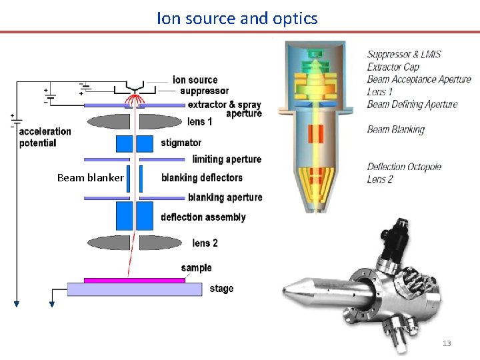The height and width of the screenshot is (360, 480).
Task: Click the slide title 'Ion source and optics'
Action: pyautogui.click(x=237, y=18)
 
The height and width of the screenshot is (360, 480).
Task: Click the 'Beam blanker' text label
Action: pyautogui.click(x=90, y=178)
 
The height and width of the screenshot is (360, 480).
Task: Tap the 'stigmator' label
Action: pyautogui.click(x=181, y=143)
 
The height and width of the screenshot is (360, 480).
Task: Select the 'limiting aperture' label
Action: pyautogui.click(x=227, y=159)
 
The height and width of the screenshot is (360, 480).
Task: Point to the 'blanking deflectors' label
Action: pyautogui.click(x=201, y=178)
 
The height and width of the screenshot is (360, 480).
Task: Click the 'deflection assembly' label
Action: pyautogui.click(x=203, y=217)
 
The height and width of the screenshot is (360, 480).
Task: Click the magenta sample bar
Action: pyautogui.click(x=134, y=280)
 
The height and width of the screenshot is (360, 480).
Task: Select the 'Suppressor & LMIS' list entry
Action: pyautogui.click(x=404, y=55)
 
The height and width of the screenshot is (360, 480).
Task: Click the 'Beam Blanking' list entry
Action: pyautogui.click(x=395, y=129)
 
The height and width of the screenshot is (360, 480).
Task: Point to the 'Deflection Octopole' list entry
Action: pyautogui.click(x=404, y=167)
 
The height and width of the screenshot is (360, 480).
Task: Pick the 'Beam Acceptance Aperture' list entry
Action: pyautogui.click(x=419, y=79)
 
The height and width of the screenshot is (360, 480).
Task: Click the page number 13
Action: pyautogui.click(x=447, y=343)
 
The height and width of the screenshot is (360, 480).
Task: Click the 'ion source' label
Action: pyautogui.click(x=195, y=80)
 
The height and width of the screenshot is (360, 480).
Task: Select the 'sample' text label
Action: pyautogui.click(x=196, y=268)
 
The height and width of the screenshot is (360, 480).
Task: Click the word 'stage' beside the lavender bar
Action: pyautogui.click(x=221, y=289)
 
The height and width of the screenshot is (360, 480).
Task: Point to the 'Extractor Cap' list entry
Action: pyautogui.click(x=393, y=67)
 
